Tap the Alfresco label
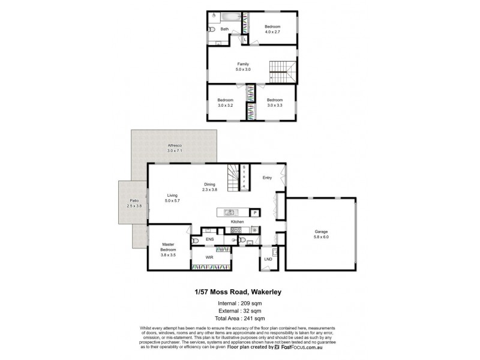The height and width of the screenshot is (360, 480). tap(174, 146)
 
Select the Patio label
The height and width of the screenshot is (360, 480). tap(133, 201)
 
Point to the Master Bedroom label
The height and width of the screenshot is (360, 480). tap(168, 248)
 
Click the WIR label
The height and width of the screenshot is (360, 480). tap(210, 257)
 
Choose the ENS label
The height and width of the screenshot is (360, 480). tap(209, 239)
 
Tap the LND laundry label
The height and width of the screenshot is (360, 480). tap(268, 259)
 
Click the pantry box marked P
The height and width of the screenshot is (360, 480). tap(254, 212)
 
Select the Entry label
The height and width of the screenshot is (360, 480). tap(268, 177)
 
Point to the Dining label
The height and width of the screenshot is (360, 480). tap(209, 185)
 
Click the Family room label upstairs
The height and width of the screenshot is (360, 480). tap(242, 64)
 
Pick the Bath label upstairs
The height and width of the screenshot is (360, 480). tap(224, 29)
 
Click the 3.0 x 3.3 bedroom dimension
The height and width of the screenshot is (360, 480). tap(275, 105)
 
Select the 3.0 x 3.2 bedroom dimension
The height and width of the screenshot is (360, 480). tap(225, 105)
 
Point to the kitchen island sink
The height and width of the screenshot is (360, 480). tap(229, 212)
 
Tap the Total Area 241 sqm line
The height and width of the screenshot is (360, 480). tap(240, 318)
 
